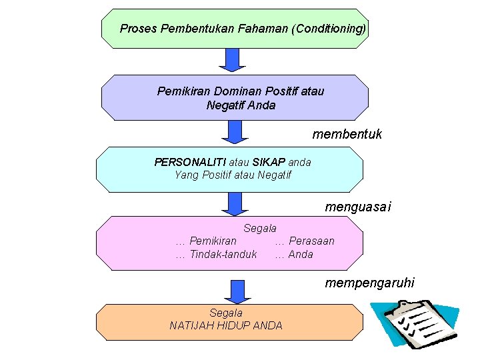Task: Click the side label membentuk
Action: [x=347, y=134]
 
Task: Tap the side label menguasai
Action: [x=357, y=207]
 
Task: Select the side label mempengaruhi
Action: [x=369, y=283]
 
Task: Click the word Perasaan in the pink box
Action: [x=311, y=241]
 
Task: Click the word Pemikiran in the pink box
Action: [x=213, y=241]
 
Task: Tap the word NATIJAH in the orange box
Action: [x=197, y=325]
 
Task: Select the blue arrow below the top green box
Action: [x=233, y=59]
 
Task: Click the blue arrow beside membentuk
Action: [x=233, y=131]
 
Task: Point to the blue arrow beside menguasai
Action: [x=233, y=203]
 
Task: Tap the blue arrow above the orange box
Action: [x=233, y=291]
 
